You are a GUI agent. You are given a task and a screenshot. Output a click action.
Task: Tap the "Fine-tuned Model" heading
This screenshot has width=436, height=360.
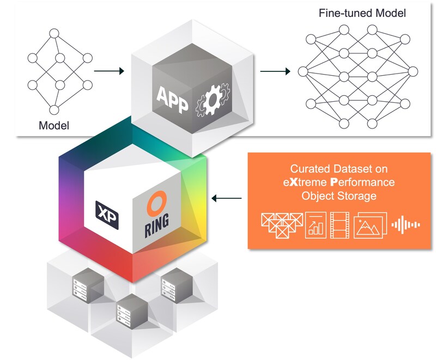click(362, 13)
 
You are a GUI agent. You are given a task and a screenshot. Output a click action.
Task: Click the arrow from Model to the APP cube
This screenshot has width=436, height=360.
click(109, 70)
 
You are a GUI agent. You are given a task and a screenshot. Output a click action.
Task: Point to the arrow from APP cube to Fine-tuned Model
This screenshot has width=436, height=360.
click(275, 70)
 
